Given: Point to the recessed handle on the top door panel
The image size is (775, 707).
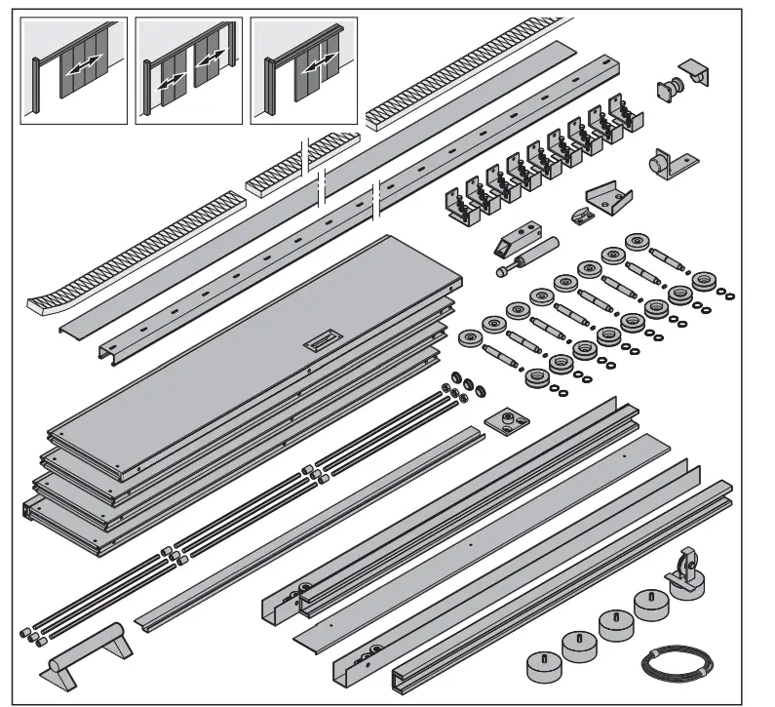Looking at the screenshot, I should coord(320,340).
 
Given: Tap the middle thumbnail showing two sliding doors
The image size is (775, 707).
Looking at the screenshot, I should coord(188,71).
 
